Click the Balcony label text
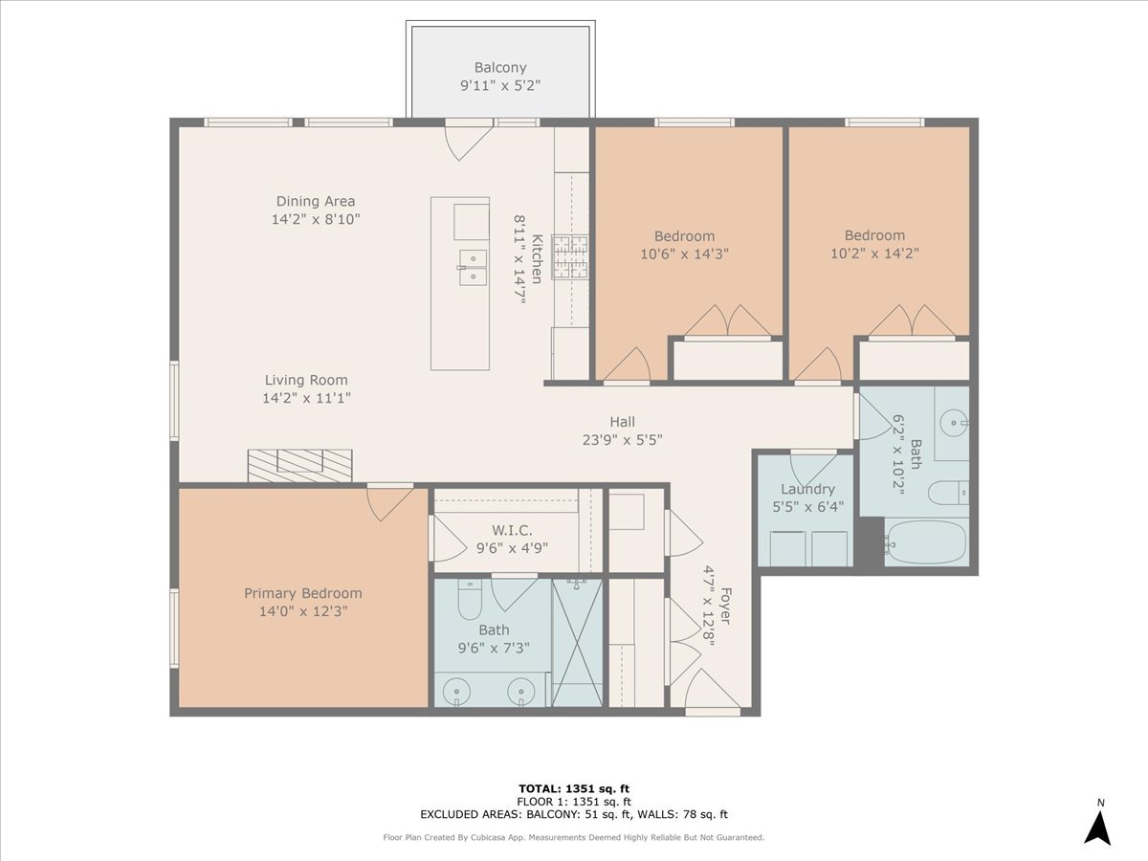(500, 68)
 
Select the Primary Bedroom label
(302, 593)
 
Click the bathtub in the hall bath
(926, 543)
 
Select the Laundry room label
(807, 489)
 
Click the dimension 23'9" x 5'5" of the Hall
(623, 440)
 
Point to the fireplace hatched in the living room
(299, 465)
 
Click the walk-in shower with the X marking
(577, 642)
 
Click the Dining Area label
(316, 201)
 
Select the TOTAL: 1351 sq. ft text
(573, 788)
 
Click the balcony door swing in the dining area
(467, 140)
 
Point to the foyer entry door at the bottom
(712, 691)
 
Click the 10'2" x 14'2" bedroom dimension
(874, 254)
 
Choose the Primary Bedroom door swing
(388, 501)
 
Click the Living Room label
(306, 380)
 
